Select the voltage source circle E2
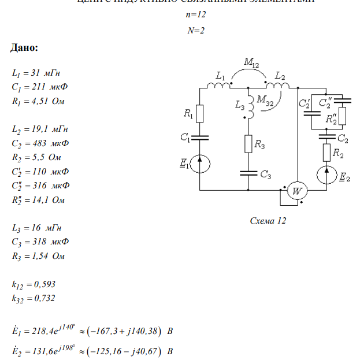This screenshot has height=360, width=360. pyautogui.click(x=326, y=175)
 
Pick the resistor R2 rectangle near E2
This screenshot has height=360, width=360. pyautogui.click(x=326, y=153)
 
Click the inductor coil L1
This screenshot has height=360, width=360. pyautogui.click(x=220, y=86)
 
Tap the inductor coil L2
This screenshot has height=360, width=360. pyautogui.click(x=277, y=86)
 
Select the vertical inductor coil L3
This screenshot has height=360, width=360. pyautogui.click(x=248, y=105)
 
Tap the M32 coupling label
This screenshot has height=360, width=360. pyautogui.click(x=265, y=99)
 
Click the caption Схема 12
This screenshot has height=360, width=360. pyautogui.click(x=268, y=221)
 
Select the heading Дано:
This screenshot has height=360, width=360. pyautogui.click(x=25, y=47)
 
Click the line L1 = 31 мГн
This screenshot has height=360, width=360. pyautogui.click(x=36, y=73)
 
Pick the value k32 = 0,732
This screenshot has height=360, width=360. pyautogui.click(x=34, y=298)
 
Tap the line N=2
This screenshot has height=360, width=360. pyautogui.click(x=196, y=30)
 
